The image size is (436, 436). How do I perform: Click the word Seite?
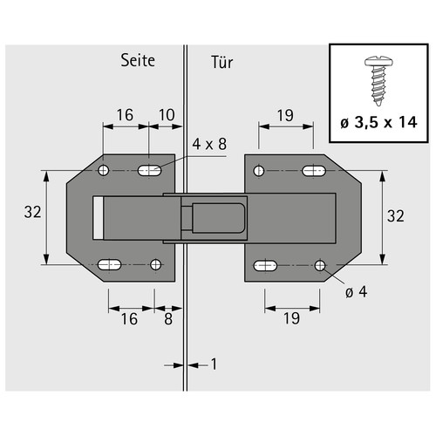click(138, 60)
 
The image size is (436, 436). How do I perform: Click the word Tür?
click(222, 62)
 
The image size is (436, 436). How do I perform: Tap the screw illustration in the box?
click(378, 81)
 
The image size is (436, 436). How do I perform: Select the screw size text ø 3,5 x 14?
click(378, 122)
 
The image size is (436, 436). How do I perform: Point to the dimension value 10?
click(167, 115)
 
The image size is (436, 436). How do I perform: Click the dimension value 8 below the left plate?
click(168, 319)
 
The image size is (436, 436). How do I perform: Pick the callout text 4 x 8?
click(209, 144)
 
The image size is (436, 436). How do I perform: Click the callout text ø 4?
click(357, 292)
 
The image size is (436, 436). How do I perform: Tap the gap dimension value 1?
click(214, 364)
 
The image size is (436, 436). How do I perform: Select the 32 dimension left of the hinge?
click(32, 212)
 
